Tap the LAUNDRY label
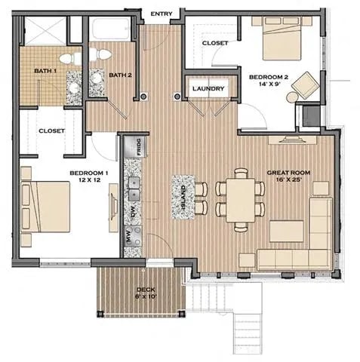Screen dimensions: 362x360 point(208,89)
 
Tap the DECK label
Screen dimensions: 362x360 point(146,293)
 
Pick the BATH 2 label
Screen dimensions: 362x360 point(120,75)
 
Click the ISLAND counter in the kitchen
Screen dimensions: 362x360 point(183,197)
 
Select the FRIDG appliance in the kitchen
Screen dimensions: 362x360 point(139,146)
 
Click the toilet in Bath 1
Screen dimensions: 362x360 point(67,57)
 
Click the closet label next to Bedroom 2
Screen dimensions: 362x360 point(215,44)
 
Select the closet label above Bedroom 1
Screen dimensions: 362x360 point(51,130)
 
